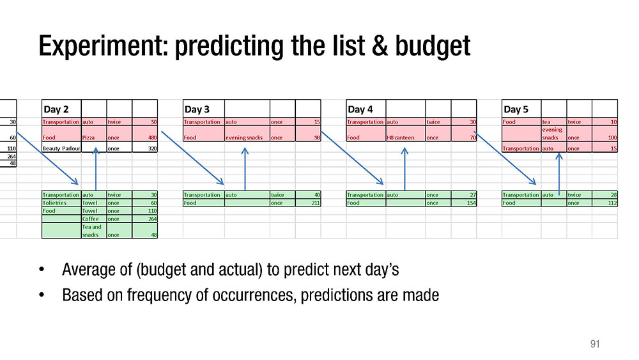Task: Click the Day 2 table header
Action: pos(56,109)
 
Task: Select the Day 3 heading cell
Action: pos(197,109)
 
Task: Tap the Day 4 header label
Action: pos(360,109)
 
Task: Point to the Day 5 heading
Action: pos(516,109)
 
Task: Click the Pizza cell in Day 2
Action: pos(88,137)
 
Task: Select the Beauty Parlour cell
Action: pos(61,148)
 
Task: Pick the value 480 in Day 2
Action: pos(153,137)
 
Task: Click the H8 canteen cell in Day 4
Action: pos(400,137)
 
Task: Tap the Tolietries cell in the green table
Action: pos(54,203)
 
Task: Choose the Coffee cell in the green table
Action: pos(91,219)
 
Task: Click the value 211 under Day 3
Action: pos(316,203)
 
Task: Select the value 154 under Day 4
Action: pos(472,203)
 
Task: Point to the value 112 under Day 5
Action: pos(613,203)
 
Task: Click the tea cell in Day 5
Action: pos(546,122)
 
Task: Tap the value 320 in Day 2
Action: pos(153,148)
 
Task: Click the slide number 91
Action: pos(595,344)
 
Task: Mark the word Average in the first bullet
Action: pos(97,269)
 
